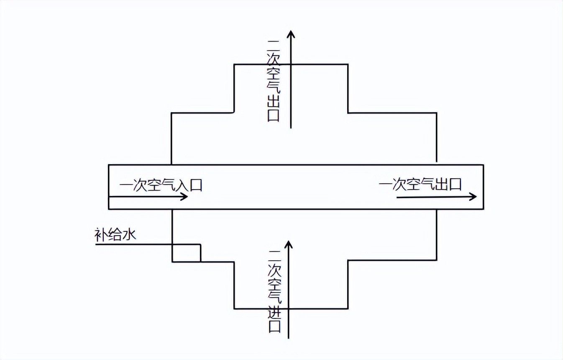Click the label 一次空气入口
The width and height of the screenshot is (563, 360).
coord(161,185)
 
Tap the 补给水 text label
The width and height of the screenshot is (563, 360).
coord(116,235)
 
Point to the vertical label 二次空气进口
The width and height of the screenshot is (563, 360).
coord(274,291)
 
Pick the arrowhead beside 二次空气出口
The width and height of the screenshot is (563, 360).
coord(291,34)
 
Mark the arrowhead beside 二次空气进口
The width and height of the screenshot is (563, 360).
coord(287,244)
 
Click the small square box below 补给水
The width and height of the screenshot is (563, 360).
coord(187,253)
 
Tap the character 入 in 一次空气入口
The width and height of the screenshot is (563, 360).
coord(182,185)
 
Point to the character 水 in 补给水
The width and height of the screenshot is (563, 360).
coord(129,235)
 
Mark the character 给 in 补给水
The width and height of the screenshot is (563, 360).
coord(116,235)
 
